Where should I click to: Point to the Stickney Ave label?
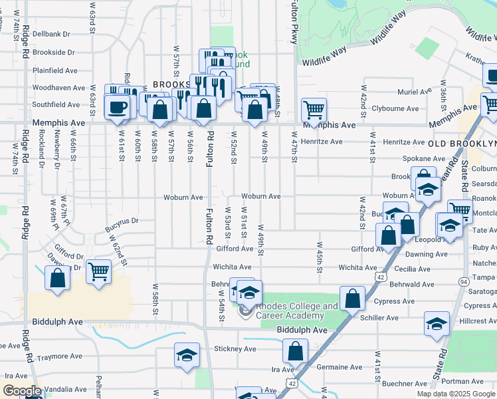click(235, 348)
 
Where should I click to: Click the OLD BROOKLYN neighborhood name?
click(462, 144)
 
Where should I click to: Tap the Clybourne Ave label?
click(395, 108)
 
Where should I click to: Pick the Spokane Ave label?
click(423, 159)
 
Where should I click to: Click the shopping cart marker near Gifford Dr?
click(98, 270)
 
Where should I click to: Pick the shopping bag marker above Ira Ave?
click(295, 350)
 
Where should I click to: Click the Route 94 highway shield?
click(462, 281)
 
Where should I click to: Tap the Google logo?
click(21, 391)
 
